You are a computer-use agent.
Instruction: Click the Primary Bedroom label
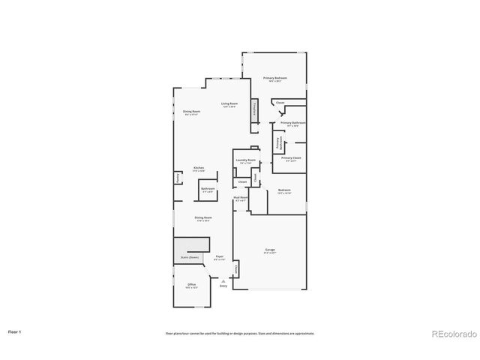pyautogui.click(x=274, y=78)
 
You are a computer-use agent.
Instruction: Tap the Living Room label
pyautogui.click(x=229, y=104)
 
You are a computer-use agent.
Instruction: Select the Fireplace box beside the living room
pyautogui.click(x=254, y=109)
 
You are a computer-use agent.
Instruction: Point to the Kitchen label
pyautogui.click(x=199, y=167)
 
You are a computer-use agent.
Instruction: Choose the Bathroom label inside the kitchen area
pyautogui.click(x=208, y=188)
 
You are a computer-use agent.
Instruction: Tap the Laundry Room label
pyautogui.click(x=246, y=160)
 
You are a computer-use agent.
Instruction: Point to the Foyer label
pyautogui.click(x=220, y=256)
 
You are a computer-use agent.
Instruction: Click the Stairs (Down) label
pyautogui.click(x=189, y=256)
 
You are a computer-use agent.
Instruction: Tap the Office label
pyautogui.click(x=192, y=285)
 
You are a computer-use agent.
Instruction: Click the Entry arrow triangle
pyautogui.click(x=223, y=280)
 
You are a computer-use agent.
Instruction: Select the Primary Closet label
pyautogui.click(x=291, y=158)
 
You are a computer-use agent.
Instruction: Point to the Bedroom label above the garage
pyautogui.click(x=284, y=190)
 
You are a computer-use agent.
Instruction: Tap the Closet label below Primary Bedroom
pyautogui.click(x=280, y=103)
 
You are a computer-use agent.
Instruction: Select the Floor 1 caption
pyautogui.click(x=14, y=331)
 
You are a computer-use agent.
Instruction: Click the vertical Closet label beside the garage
pyautogui.click(x=237, y=268)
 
